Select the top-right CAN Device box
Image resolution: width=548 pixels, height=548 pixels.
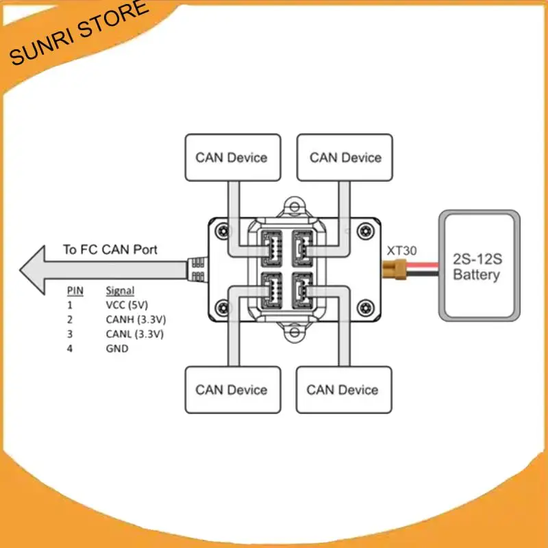(345, 158)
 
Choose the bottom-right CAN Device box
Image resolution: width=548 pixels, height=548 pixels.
(345, 389)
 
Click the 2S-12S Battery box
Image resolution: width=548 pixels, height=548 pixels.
(479, 265)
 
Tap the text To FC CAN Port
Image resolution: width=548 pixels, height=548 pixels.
(110, 250)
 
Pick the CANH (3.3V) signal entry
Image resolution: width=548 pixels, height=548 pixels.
(136, 320)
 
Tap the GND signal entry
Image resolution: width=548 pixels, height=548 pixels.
(117, 349)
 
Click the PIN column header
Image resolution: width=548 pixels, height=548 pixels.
(75, 290)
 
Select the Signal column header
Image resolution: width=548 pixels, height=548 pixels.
(121, 290)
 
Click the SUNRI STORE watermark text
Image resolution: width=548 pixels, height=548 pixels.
(79, 33)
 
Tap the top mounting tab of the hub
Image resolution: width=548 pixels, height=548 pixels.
(295, 205)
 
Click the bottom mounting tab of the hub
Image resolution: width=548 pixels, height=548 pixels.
(295, 334)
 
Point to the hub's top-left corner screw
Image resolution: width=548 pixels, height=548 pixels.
(221, 231)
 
